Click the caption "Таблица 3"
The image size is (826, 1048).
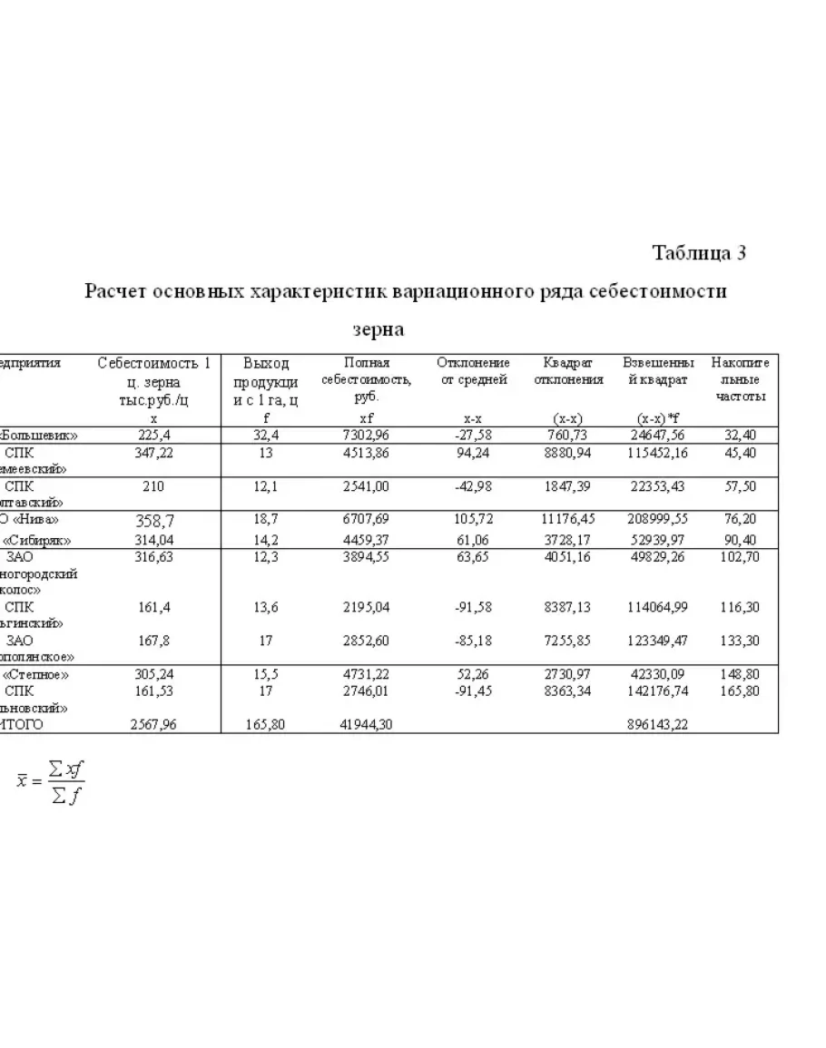pyautogui.click(x=699, y=253)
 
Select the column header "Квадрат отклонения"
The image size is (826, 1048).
pyautogui.click(x=568, y=371)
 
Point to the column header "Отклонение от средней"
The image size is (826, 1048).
pyautogui.click(x=473, y=371)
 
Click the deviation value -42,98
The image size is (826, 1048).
pyautogui.click(x=472, y=486)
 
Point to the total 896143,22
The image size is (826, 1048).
pyautogui.click(x=660, y=725)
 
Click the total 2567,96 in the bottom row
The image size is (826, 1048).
pyautogui.click(x=153, y=725)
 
